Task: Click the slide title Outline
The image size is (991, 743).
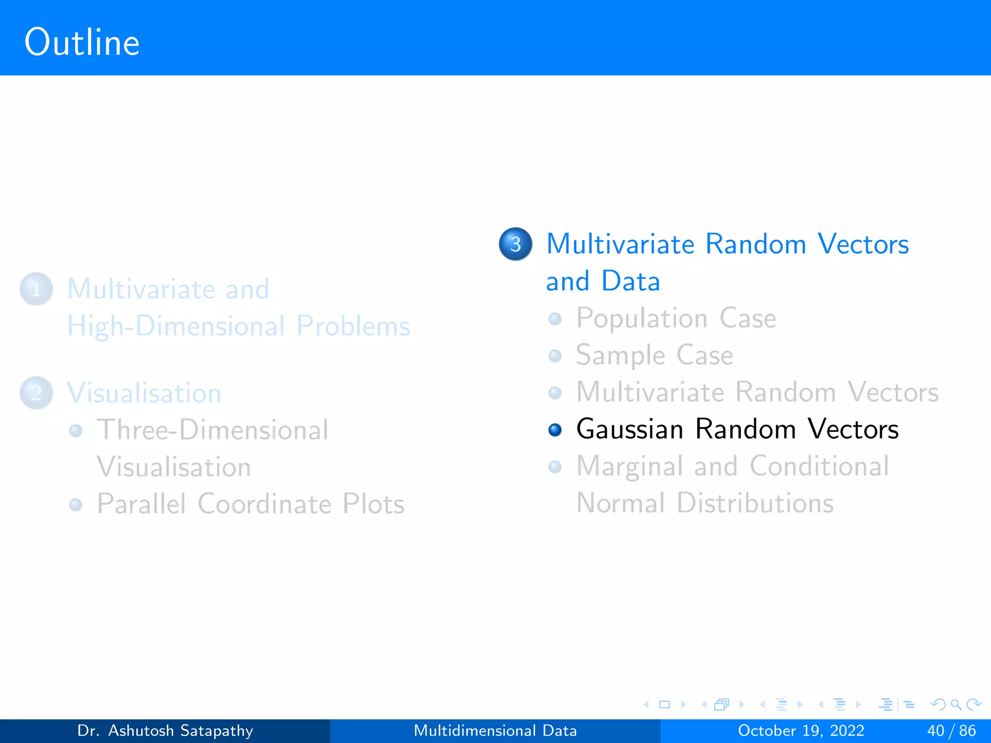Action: click(x=82, y=43)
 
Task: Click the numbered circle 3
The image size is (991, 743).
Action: click(x=515, y=244)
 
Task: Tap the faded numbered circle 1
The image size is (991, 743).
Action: click(x=36, y=289)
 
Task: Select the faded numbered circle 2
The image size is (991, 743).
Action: click(x=36, y=393)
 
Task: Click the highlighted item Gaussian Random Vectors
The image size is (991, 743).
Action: click(x=737, y=430)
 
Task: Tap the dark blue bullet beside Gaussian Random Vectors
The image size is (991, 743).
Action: click(x=555, y=430)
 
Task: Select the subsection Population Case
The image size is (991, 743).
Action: click(x=676, y=319)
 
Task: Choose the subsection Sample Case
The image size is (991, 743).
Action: click(x=654, y=356)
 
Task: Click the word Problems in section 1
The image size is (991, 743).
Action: click(x=353, y=327)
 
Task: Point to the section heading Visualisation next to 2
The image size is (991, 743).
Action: click(x=144, y=393)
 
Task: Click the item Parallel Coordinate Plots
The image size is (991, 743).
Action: click(x=251, y=504)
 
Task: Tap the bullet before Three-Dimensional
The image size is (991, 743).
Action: click(x=75, y=431)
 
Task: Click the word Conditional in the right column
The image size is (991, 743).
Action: click(x=819, y=466)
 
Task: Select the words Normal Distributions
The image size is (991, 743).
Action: click(x=705, y=503)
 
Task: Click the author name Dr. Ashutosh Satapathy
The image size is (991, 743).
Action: click(x=165, y=730)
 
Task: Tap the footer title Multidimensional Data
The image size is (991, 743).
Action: click(x=495, y=730)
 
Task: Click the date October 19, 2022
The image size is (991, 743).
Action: click(x=801, y=730)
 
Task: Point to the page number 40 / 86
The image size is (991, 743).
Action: click(x=951, y=730)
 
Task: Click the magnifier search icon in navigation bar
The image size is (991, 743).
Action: click(x=956, y=705)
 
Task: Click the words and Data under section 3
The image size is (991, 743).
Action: click(x=603, y=282)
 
